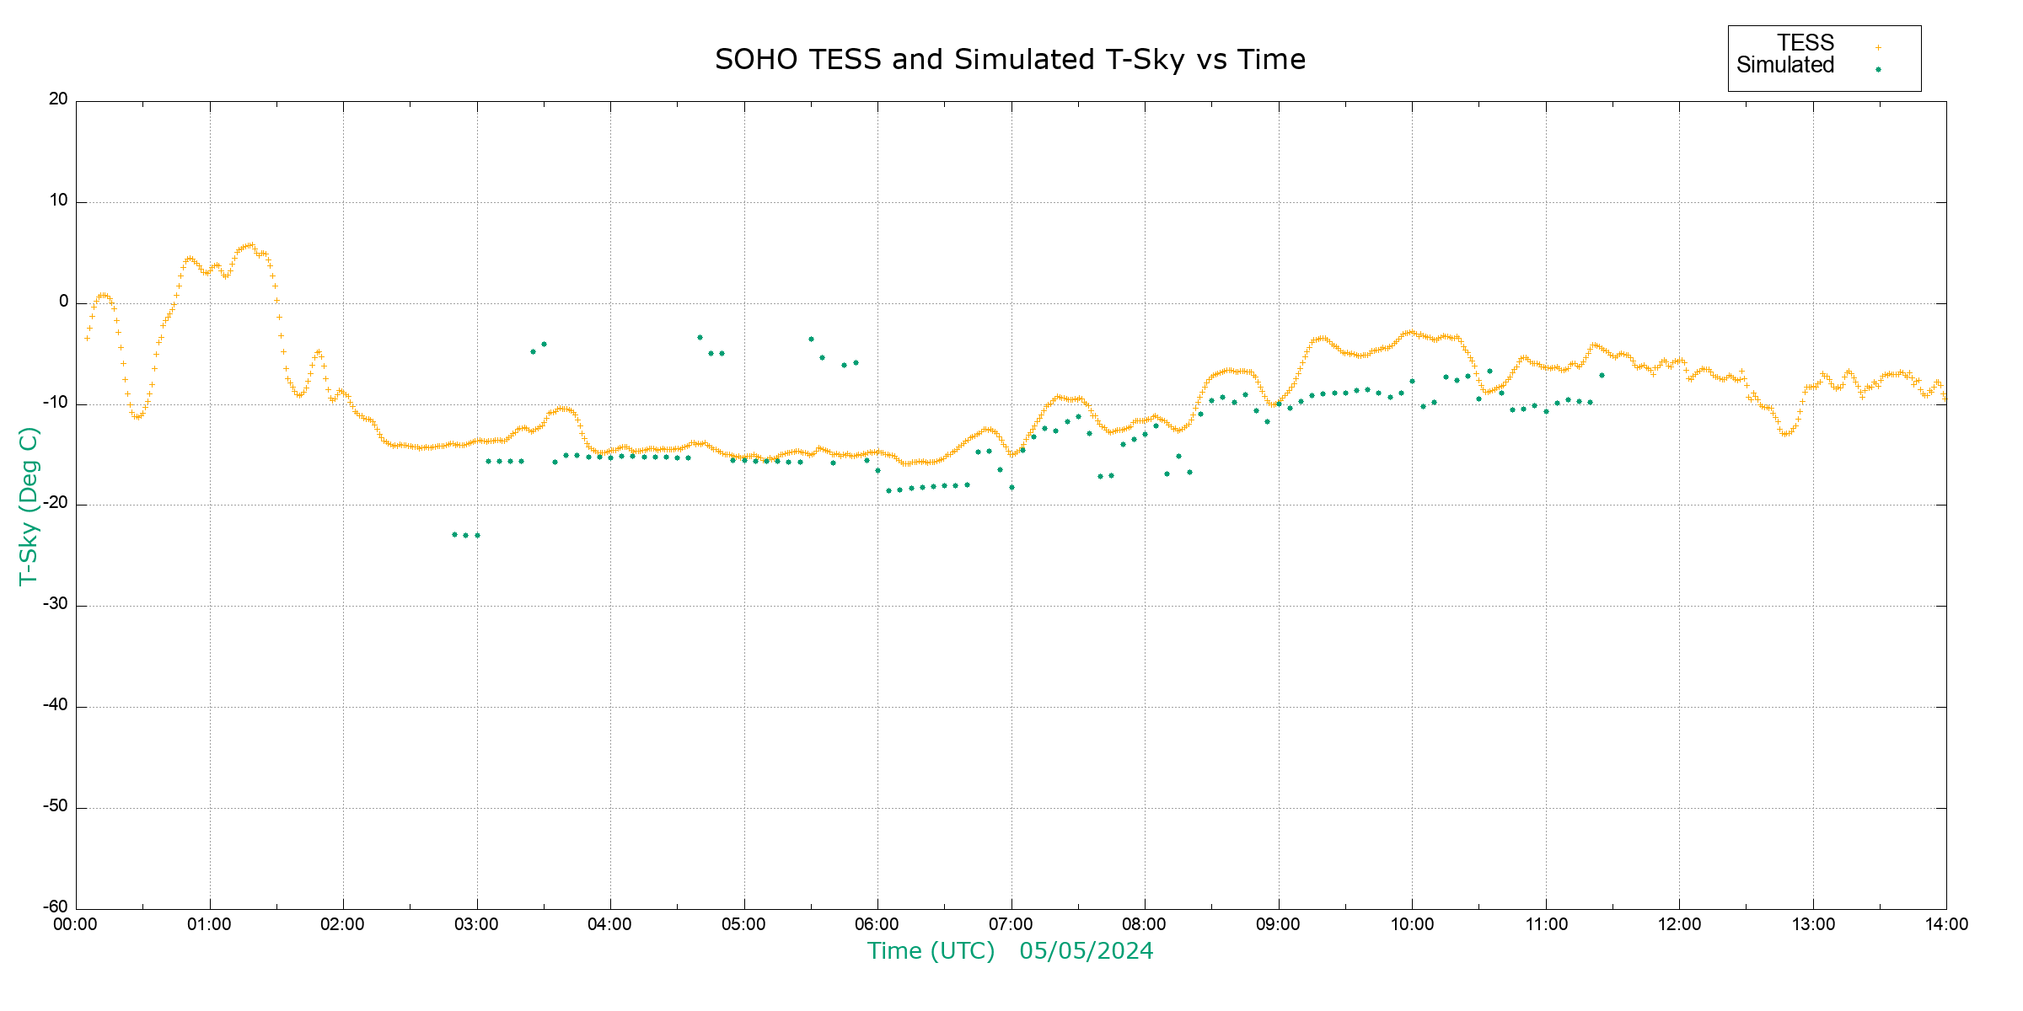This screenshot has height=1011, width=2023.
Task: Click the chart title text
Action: point(1010,60)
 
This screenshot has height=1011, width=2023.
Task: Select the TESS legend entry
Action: point(1806,43)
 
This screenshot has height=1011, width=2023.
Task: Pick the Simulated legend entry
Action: point(1785,66)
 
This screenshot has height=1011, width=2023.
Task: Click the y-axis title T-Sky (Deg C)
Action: point(29,505)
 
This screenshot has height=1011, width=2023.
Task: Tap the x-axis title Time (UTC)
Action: point(931,951)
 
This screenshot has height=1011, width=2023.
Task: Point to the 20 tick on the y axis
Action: point(58,99)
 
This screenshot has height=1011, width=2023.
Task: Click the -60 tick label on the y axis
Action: point(56,907)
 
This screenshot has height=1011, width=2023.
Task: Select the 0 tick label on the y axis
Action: point(63,302)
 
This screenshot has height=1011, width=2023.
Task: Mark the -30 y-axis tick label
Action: point(56,605)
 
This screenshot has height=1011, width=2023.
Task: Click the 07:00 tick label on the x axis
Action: point(1011,925)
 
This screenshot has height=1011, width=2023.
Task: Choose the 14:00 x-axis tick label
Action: point(1945,925)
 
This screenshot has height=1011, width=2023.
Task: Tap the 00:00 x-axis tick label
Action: point(76,925)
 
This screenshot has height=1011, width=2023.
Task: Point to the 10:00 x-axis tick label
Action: point(1412,925)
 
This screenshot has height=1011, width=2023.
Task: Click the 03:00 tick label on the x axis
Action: point(476,925)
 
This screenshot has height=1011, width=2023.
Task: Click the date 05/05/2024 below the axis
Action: point(1086,951)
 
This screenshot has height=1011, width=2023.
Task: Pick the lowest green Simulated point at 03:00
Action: point(477,535)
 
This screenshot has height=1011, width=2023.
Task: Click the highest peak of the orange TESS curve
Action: point(250,245)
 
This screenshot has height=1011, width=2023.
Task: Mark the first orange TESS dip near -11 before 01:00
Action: point(137,417)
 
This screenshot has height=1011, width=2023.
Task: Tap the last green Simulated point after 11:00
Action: point(1602,375)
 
